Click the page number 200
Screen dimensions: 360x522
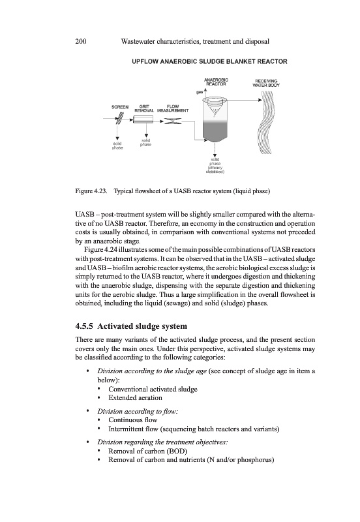pos(81,42)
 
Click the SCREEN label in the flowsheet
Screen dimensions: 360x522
pos(120,107)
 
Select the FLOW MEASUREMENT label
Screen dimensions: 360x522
pos(173,108)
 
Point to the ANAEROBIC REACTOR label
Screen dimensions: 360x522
pos(216,82)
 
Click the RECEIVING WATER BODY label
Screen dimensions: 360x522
pos(266,83)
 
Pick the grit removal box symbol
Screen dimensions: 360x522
pos(143,119)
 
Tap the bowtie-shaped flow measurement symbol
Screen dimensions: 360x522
pos(173,121)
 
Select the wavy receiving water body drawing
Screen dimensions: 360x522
pos(266,123)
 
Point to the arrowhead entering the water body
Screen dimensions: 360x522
pos(260,100)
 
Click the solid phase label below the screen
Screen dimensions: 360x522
pos(117,146)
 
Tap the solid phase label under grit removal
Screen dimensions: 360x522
pos(145,142)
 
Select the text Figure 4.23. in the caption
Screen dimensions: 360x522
pos(91,191)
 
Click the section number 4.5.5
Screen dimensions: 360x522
pos(85,326)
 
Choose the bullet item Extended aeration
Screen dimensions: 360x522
pos(135,398)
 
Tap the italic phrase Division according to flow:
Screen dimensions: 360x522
pos(138,412)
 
